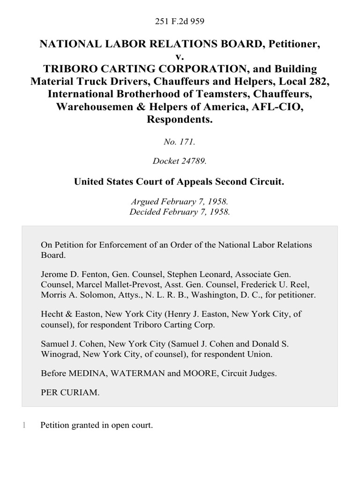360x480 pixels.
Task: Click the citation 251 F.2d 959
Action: click(180, 21)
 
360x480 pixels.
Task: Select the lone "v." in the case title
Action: click(180, 57)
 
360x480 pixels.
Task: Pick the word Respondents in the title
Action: click(180, 119)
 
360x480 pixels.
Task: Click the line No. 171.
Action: click(180, 141)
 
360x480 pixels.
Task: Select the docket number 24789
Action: click(193, 161)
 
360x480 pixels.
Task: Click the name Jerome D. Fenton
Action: click(70, 274)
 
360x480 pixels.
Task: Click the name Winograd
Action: click(58, 355)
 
